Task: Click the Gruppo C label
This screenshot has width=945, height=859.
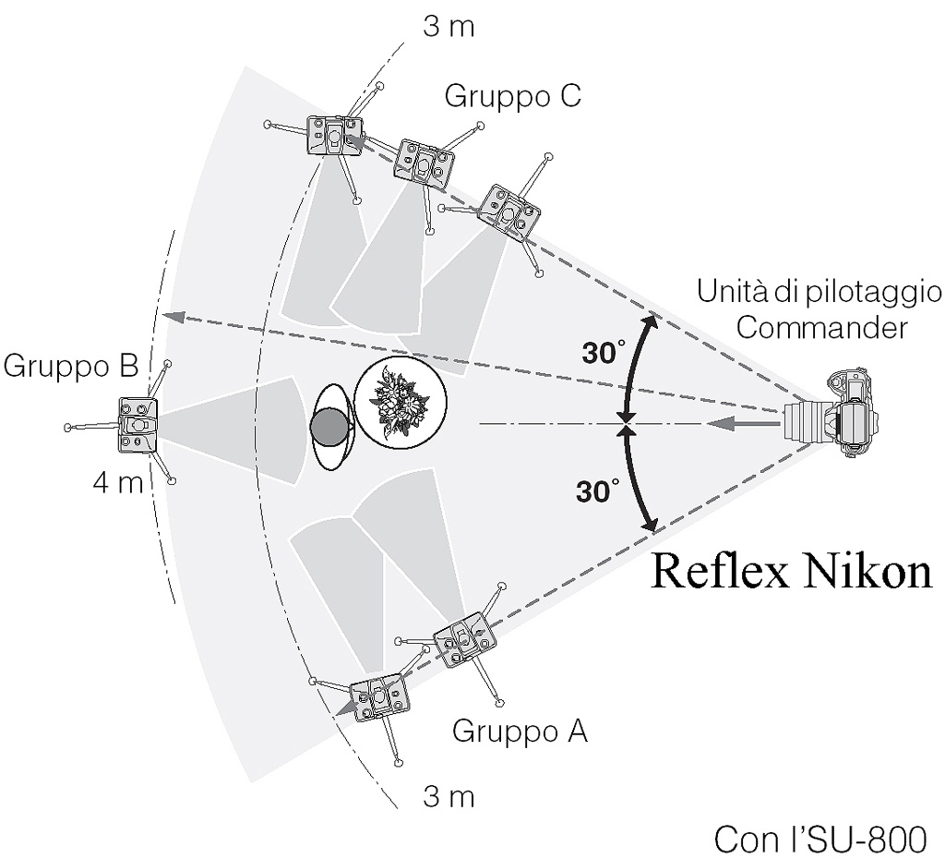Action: (x=512, y=96)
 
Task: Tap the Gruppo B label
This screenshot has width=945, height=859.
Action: (x=71, y=367)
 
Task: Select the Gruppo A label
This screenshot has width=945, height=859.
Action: (x=520, y=732)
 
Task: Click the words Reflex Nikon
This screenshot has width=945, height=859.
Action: (x=792, y=571)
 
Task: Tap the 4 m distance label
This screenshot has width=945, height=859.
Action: (x=118, y=483)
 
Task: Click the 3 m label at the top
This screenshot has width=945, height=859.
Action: (x=449, y=26)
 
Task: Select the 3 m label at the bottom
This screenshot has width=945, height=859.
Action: (x=449, y=796)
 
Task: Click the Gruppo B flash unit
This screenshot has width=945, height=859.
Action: (x=138, y=424)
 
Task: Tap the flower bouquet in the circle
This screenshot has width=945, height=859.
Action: (x=401, y=400)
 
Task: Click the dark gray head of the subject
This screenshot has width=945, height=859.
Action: (x=330, y=427)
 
